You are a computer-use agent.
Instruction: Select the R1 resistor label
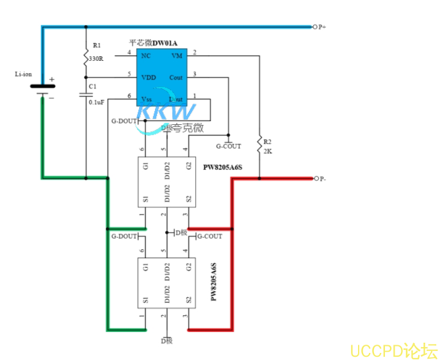[x=97, y=45]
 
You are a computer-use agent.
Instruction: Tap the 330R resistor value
[x=97, y=58]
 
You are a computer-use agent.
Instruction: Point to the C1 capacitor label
[x=93, y=86]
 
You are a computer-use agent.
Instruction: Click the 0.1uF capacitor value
[x=96, y=102]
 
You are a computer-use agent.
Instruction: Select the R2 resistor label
[x=268, y=142]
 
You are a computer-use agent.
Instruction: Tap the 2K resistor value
[x=268, y=152]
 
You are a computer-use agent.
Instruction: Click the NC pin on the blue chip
[x=146, y=56]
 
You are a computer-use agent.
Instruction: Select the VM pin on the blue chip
[x=177, y=56]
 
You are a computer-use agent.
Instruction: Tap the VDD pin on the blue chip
[x=148, y=78]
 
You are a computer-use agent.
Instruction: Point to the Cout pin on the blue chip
[x=175, y=78]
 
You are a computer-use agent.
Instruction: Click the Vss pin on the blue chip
[x=147, y=99]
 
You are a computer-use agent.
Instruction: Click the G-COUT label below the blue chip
[x=229, y=146]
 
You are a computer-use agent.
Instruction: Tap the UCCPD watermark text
[x=393, y=350]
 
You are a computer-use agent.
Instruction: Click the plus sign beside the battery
[x=52, y=81]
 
